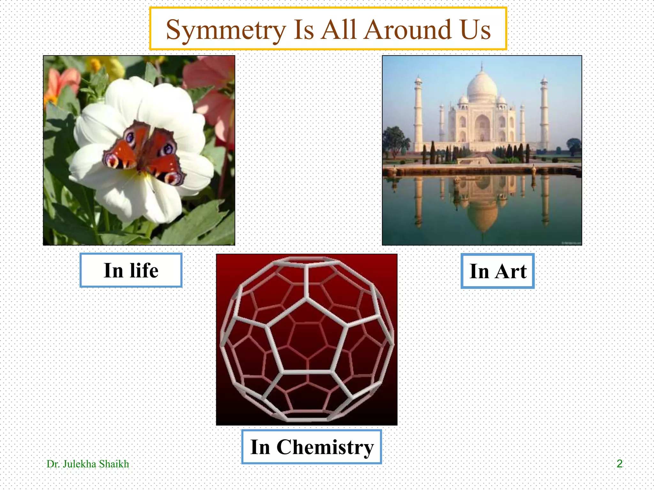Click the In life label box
pos(131,271)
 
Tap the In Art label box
pos(498,271)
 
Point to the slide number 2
pos(619,464)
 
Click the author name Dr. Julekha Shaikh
pos(88,464)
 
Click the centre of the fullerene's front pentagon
pos(307,338)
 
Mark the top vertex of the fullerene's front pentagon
pos(307,298)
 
